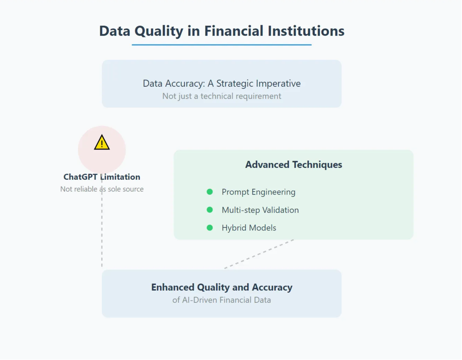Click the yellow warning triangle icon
click(x=102, y=143)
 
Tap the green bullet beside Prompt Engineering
click(x=210, y=192)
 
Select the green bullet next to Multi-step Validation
click(x=210, y=210)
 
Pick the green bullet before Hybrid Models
click(x=210, y=228)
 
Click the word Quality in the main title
click(x=159, y=31)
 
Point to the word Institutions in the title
click(x=306, y=31)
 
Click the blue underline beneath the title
click(x=222, y=45)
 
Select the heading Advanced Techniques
click(x=293, y=164)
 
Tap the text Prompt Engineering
click(x=258, y=192)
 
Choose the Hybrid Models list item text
click(x=249, y=228)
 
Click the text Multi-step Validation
click(x=260, y=210)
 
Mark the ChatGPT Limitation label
click(x=102, y=177)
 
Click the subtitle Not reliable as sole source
click(x=102, y=189)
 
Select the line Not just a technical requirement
click(x=222, y=96)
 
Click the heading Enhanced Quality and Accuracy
click(x=222, y=287)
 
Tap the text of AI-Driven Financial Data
click(x=222, y=300)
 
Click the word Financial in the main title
click(x=233, y=31)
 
